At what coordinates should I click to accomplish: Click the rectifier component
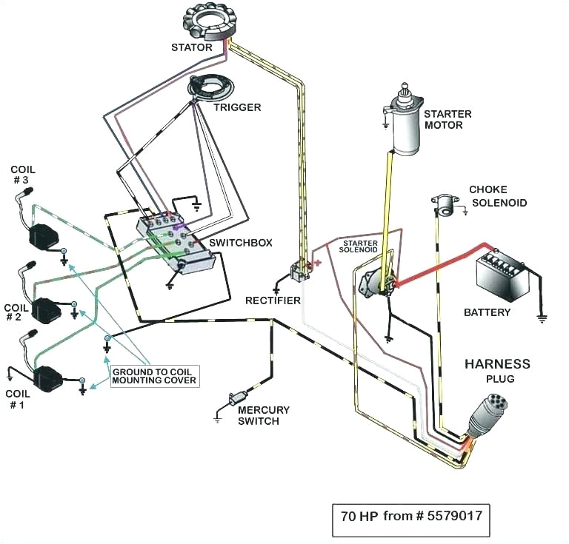point(301,270)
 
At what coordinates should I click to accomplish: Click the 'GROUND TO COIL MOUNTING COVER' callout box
point(154,375)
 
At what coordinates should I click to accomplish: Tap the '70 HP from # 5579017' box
point(410,514)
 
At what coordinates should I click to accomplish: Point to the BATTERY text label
point(487,312)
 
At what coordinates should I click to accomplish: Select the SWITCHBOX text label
point(241,243)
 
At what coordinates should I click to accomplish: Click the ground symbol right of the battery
point(542,318)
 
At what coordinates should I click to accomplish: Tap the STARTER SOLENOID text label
point(359,246)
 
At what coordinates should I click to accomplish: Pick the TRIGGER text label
point(237,107)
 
